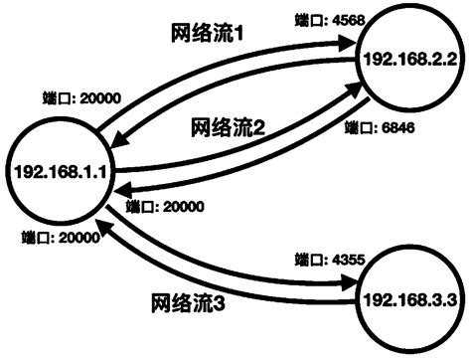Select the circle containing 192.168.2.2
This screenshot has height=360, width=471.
tap(409, 59)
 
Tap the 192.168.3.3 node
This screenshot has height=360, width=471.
tap(408, 299)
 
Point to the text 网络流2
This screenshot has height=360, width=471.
tap(227, 128)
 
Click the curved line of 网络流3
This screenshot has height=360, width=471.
tap(238, 279)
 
